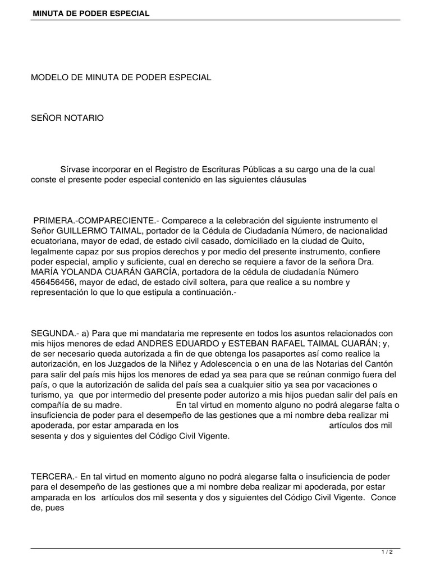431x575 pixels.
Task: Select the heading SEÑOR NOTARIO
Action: [67, 118]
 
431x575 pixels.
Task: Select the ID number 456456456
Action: [54, 282]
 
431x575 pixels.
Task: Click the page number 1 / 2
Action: [387, 553]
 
